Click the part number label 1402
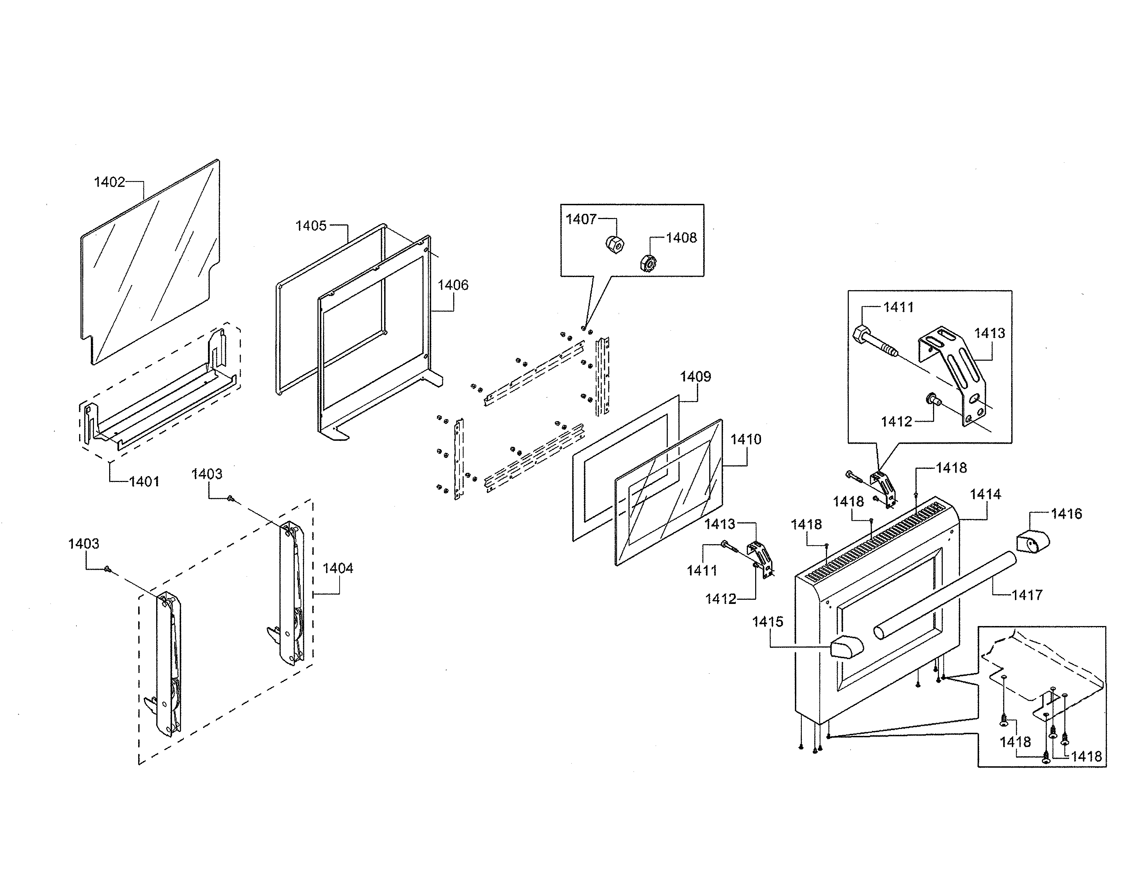coord(109,182)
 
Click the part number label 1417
coord(1027,595)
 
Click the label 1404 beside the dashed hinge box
coord(338,568)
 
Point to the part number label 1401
coord(144,481)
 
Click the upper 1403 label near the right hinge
coord(207,474)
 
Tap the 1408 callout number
coord(681,238)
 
